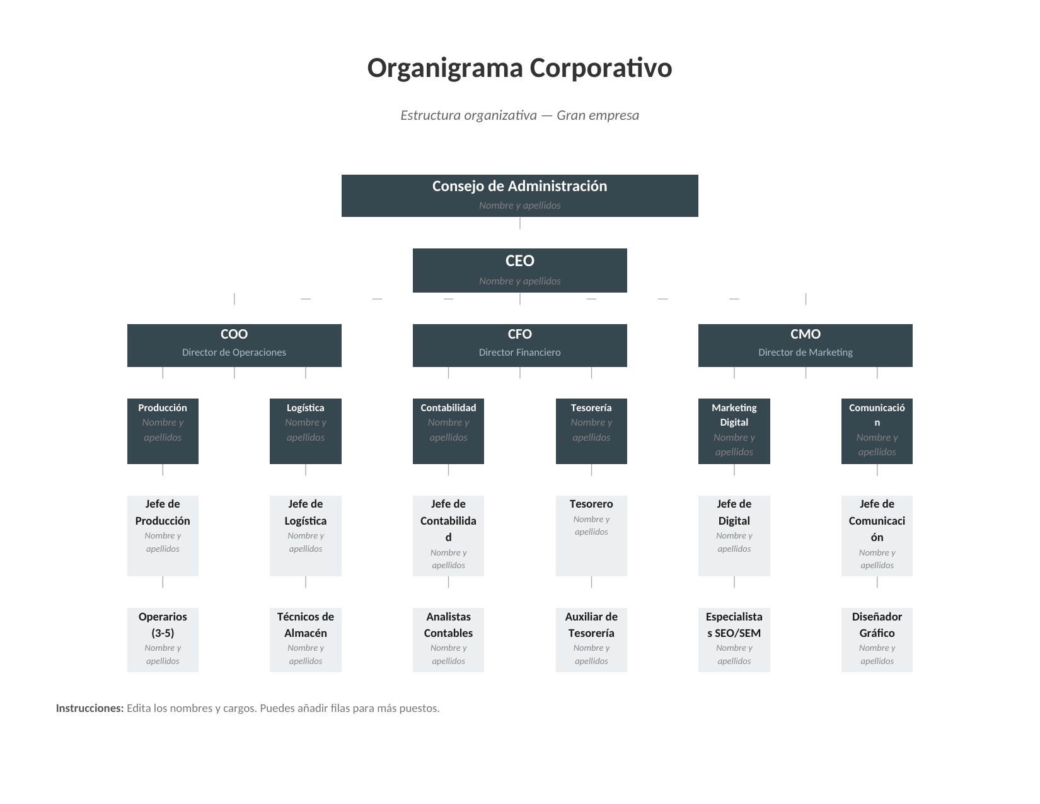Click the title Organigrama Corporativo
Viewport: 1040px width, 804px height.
tap(519, 68)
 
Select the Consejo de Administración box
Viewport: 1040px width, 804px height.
tap(519, 195)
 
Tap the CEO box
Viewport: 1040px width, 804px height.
tap(519, 270)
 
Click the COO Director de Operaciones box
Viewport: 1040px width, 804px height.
tap(234, 345)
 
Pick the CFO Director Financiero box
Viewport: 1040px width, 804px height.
tap(519, 345)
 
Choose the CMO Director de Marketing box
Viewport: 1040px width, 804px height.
tap(805, 345)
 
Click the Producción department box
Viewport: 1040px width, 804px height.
tap(163, 431)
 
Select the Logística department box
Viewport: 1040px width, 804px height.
tap(305, 431)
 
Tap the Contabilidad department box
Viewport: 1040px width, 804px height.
tap(448, 431)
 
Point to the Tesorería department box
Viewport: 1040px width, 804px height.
tap(591, 431)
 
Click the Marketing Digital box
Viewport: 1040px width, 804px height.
tap(734, 431)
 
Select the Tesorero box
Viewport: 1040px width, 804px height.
tap(591, 535)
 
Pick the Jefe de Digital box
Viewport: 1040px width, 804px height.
tap(734, 535)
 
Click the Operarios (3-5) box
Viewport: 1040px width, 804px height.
tap(163, 639)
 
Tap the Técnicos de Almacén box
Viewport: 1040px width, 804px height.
tap(305, 639)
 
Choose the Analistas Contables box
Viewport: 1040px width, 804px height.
tap(448, 639)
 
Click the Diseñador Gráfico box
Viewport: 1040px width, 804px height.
tap(877, 639)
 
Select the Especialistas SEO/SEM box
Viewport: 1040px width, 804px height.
tap(734, 639)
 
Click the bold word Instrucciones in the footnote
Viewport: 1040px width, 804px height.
tap(90, 708)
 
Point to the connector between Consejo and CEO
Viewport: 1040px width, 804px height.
tap(520, 223)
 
